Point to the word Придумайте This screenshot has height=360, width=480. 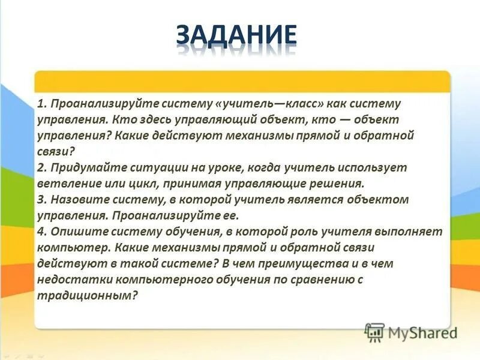tap(80, 167)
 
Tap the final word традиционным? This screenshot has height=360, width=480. tap(88, 294)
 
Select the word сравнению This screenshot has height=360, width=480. tap(316, 278)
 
